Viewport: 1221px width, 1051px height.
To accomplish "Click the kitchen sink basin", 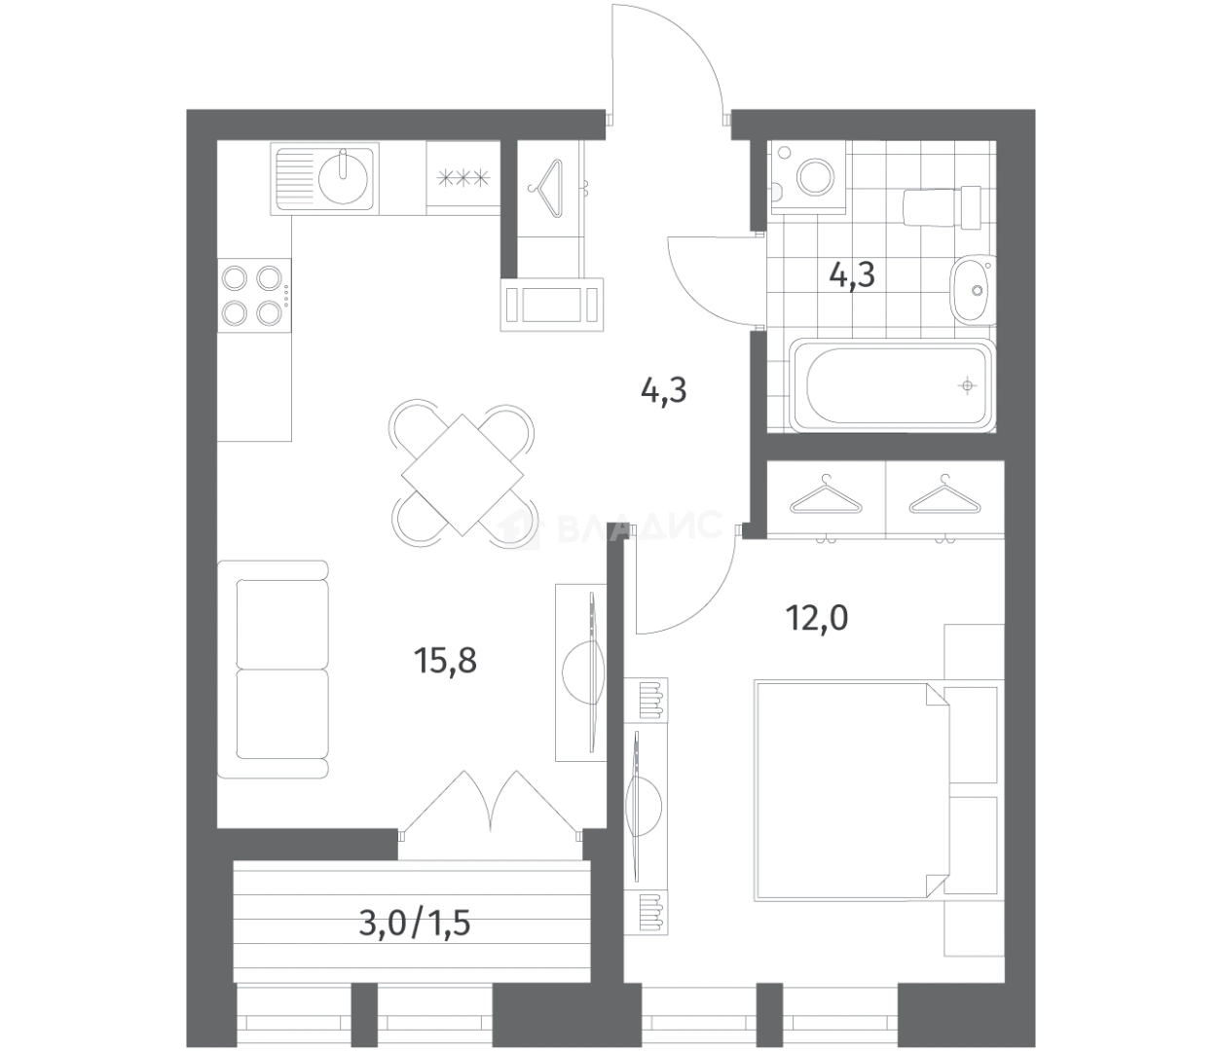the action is (343, 178).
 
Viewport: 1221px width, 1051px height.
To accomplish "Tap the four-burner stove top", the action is (254, 295).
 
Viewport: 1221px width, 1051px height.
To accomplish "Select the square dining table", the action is (462, 475).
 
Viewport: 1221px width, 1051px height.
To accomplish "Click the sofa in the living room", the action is (273, 669).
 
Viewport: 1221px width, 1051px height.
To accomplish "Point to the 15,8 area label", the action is (445, 660).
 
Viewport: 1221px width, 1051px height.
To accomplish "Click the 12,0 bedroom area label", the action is (816, 619).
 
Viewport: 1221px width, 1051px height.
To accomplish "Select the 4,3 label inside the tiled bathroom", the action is (852, 274).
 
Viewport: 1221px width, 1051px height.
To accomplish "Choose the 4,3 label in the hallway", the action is (663, 391).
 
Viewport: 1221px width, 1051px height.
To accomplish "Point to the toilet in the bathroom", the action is (942, 206).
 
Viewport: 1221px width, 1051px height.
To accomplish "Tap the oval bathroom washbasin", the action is (973, 289).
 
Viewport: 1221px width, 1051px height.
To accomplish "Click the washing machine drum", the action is (816, 176).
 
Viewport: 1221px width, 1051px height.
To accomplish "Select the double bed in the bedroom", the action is (851, 792).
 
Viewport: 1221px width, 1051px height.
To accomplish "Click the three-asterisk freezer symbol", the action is (463, 178).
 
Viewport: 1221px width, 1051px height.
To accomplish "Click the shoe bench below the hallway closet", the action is (552, 305).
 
